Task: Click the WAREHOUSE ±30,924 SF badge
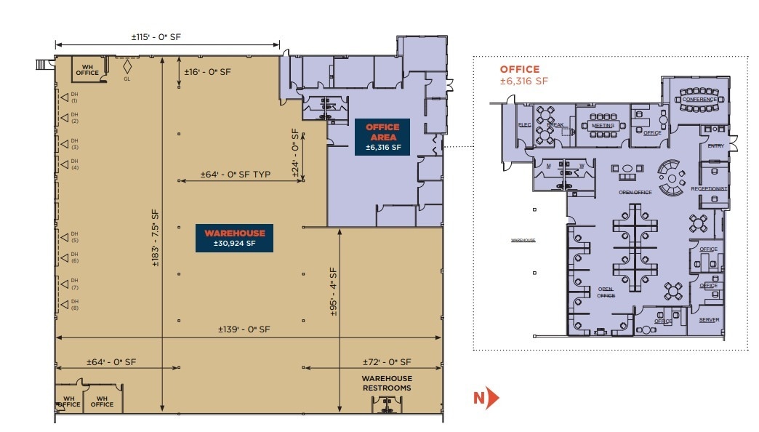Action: (x=234, y=238)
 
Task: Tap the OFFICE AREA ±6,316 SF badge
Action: (x=382, y=137)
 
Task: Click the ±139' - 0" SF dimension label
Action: (x=244, y=329)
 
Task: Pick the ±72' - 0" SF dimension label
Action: (x=387, y=361)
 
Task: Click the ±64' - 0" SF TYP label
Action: (x=236, y=175)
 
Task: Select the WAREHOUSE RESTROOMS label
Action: (x=387, y=383)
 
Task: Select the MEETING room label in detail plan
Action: (x=603, y=125)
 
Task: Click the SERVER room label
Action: (x=709, y=319)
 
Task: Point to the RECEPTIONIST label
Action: (x=710, y=188)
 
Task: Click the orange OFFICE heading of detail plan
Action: (x=521, y=69)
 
